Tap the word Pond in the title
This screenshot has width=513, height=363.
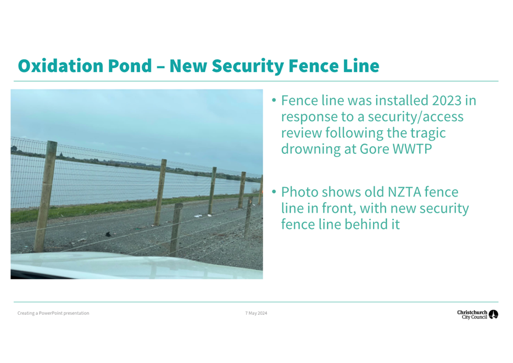pos(130,66)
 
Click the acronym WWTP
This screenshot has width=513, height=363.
pos(412,149)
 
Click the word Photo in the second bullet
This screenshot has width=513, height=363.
pos(300,192)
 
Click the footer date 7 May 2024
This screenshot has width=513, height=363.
pos(256,313)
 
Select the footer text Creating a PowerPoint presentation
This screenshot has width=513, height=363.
pos(53,313)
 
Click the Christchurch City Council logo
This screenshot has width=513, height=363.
pos(478,315)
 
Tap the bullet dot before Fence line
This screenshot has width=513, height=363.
pos(274,100)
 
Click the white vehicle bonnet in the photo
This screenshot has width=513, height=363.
pos(131,266)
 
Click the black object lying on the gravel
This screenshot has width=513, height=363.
pos(108,234)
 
